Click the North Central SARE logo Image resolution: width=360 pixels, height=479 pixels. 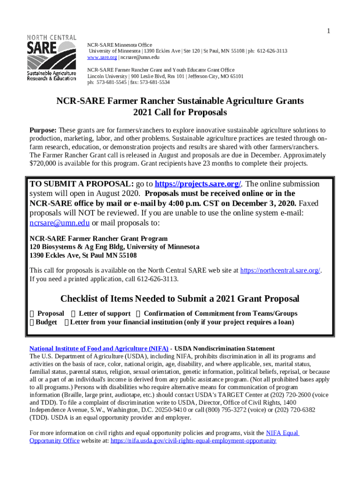point(52,58)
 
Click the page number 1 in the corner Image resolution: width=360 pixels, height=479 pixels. point(329,31)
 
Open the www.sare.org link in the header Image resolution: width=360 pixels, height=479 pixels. point(102,57)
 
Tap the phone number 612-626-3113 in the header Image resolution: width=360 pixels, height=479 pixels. point(272,51)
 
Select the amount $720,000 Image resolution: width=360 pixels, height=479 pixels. point(43,164)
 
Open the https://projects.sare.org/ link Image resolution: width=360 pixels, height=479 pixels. point(197,184)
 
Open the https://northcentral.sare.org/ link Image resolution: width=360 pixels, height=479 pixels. point(280,270)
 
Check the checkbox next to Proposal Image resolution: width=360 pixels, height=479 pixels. point(32,314)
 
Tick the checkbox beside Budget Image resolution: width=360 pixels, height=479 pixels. point(32,323)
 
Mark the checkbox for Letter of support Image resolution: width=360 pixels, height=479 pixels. point(73,314)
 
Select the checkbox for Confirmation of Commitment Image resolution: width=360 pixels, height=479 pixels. point(138,314)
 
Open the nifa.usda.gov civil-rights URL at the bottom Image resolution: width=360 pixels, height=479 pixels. point(193,441)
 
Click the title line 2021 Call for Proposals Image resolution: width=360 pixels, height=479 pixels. point(180,113)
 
